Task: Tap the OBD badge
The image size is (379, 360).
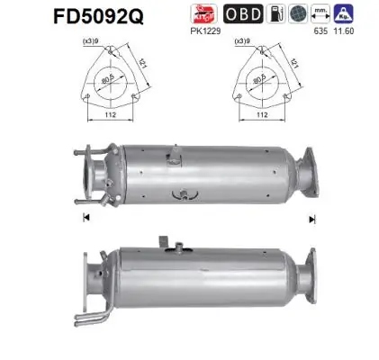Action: click(267, 15)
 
